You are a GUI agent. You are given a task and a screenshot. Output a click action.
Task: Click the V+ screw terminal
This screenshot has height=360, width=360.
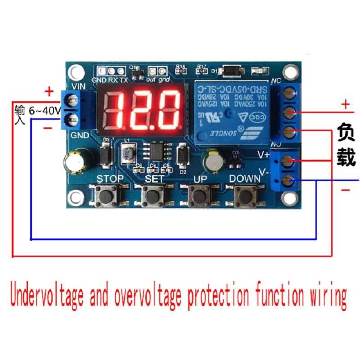(x=290, y=160)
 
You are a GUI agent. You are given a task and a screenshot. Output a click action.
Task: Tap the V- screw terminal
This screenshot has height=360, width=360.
(x=290, y=181)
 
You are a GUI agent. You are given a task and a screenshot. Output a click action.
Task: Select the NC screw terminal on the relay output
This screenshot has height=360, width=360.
(x=289, y=93)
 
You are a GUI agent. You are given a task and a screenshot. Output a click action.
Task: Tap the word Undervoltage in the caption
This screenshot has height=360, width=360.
(x=47, y=296)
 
